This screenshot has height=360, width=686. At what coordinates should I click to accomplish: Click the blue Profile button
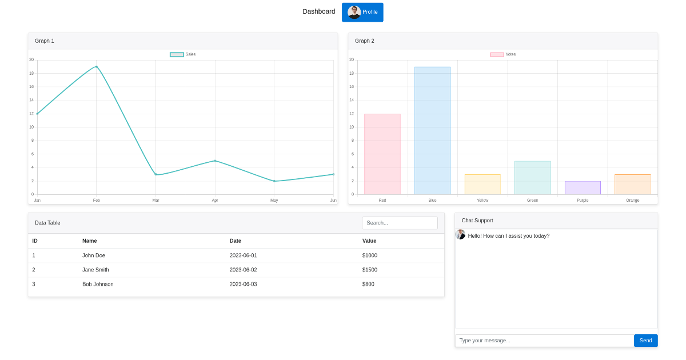click(362, 12)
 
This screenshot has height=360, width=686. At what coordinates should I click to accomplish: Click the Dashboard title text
click(318, 11)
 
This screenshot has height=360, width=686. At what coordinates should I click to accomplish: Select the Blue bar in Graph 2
click(432, 131)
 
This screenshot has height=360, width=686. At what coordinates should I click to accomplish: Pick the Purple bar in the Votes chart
click(583, 188)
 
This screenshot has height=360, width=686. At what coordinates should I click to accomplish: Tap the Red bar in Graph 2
click(382, 154)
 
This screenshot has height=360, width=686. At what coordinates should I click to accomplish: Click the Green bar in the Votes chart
click(532, 178)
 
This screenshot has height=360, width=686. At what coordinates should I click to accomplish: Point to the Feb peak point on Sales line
click(96, 67)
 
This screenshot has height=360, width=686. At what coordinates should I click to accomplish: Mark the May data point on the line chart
click(274, 181)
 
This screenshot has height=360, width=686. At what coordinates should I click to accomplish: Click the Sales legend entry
click(183, 54)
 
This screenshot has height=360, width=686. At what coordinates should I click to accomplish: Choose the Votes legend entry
click(503, 54)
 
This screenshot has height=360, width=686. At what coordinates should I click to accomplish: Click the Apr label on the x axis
click(215, 201)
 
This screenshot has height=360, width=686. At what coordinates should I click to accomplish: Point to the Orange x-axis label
click(632, 201)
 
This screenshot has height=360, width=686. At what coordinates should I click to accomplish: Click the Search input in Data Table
click(400, 223)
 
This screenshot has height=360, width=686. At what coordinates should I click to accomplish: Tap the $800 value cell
click(368, 284)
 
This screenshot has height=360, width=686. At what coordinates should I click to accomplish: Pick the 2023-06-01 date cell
click(243, 255)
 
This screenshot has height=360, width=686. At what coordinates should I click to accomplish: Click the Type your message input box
click(544, 341)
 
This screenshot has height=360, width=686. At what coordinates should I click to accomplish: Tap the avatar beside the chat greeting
click(460, 234)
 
